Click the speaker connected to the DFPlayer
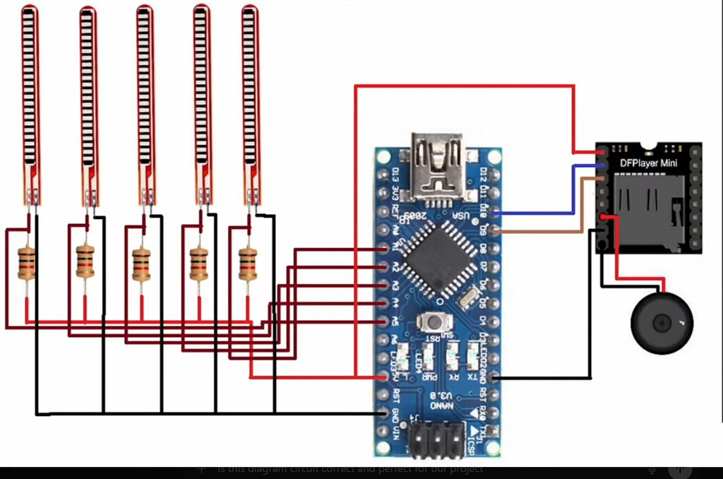click(x=662, y=324)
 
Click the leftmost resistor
click(x=27, y=262)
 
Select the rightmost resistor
click(x=247, y=262)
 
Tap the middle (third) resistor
click(x=141, y=262)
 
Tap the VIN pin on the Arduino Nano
click(x=383, y=431)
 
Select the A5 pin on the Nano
click(x=383, y=321)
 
